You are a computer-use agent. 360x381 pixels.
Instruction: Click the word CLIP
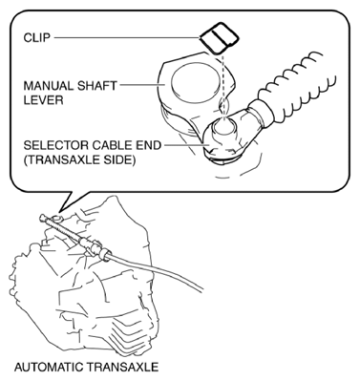click(36, 37)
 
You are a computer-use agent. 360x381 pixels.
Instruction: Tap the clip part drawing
click(219, 38)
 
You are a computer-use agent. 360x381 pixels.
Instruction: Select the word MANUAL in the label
click(48, 86)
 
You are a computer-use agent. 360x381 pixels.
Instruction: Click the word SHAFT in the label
click(97, 86)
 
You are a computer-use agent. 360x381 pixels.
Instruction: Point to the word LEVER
click(43, 100)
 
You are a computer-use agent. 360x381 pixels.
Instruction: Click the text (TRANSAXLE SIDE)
click(79, 160)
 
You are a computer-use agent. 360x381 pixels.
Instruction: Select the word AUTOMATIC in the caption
click(49, 367)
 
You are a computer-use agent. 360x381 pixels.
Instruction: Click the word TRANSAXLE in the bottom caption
click(122, 367)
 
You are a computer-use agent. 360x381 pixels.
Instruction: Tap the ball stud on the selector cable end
click(224, 126)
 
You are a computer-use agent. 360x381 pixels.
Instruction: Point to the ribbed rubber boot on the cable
click(296, 89)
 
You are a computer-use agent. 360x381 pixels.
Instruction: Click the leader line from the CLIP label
click(126, 38)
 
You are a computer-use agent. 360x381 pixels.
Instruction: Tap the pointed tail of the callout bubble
click(59, 210)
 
